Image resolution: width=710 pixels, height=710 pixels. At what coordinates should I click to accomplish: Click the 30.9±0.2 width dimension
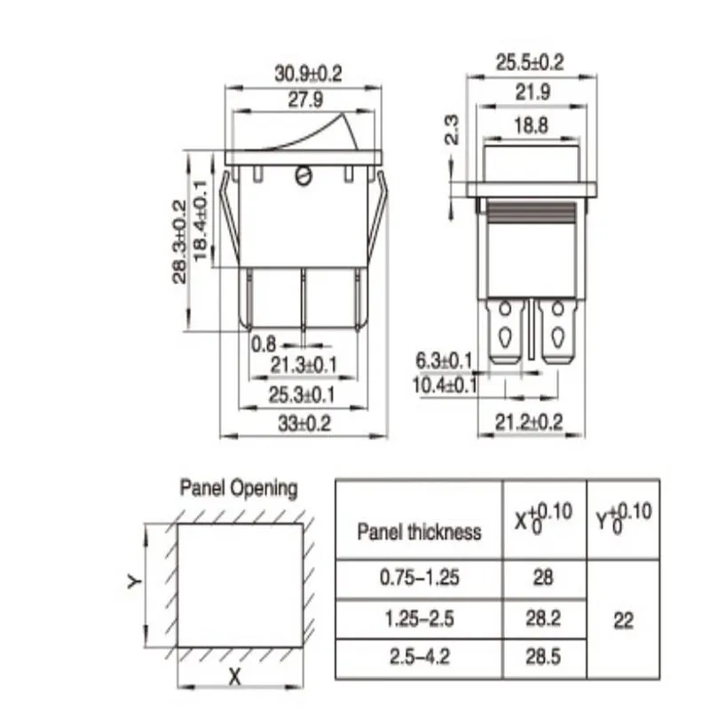coord(308,74)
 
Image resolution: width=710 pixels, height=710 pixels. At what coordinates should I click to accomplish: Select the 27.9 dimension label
coord(305,99)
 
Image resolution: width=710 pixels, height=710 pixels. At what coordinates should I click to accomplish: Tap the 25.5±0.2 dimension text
coord(530,62)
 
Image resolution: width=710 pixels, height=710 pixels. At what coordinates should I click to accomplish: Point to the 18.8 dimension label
coord(531,125)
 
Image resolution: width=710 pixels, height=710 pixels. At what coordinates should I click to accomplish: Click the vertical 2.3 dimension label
coord(452,130)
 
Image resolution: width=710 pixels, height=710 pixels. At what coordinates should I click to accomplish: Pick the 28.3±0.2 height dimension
coord(180,241)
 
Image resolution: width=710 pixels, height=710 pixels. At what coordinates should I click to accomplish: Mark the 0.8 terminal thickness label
coord(263,344)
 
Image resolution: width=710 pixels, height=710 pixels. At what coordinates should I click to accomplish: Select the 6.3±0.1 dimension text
coord(444,361)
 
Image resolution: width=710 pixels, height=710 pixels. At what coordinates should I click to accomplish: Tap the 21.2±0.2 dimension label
coord(528,422)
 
